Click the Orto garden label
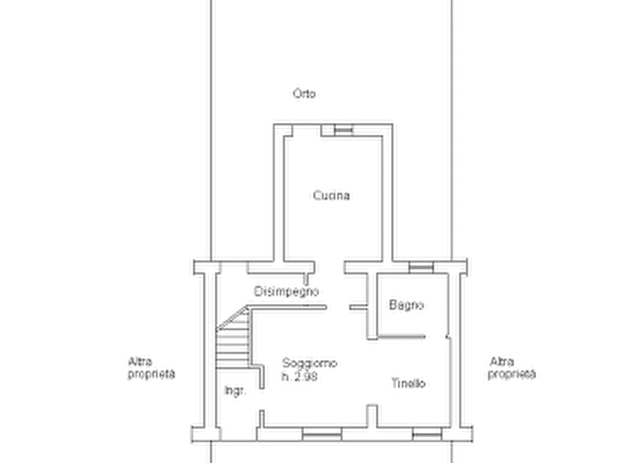304,94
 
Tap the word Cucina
332,196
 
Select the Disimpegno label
286,292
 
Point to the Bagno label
406,305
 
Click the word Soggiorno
310,363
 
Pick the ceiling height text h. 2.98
299,377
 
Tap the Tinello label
408,383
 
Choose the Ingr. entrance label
236,390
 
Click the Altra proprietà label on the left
151,368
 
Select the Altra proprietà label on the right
511,368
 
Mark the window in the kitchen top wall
343,130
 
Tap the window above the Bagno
421,267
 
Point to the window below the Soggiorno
321,435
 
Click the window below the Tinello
427,435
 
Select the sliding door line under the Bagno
401,337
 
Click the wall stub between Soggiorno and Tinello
372,415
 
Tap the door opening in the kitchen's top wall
307,130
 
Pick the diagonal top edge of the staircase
233,318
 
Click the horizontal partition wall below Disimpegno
288,308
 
